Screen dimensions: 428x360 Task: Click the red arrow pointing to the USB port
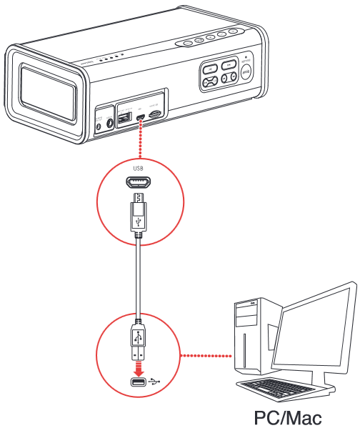pyautogui.click(x=139, y=369)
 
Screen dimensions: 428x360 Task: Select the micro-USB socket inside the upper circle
pyautogui.click(x=139, y=183)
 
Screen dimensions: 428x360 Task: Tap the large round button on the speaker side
pyautogui.click(x=246, y=72)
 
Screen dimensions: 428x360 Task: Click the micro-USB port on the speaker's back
pyautogui.click(x=141, y=117)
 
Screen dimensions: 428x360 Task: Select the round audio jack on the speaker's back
pyautogui.click(x=110, y=123)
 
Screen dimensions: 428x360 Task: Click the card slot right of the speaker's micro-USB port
pyautogui.click(x=155, y=114)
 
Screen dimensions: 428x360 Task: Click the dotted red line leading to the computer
pyautogui.click(x=207, y=355)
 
